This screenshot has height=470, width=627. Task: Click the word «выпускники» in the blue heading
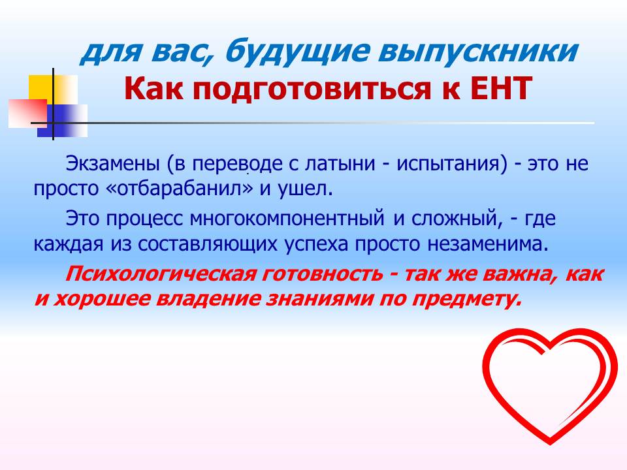click(478, 52)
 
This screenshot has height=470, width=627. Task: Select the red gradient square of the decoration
click(27, 113)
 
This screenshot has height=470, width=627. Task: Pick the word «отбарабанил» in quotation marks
click(181, 188)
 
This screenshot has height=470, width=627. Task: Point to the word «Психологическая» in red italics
click(160, 274)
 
